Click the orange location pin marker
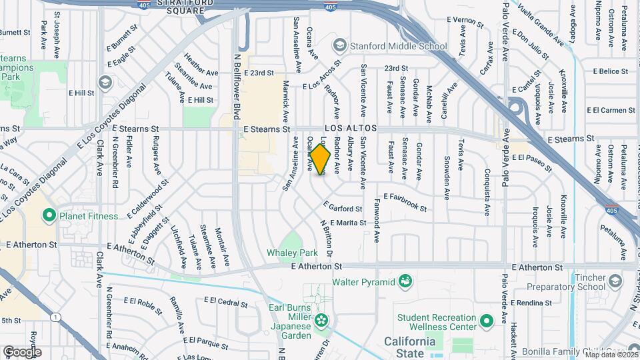320,160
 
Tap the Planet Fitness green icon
48,215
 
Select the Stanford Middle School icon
339,46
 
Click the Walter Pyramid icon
405,281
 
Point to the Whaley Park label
291,253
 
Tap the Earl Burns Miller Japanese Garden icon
321,320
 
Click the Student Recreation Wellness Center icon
487,321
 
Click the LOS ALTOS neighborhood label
351,128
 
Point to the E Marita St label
347,223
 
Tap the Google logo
22,351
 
